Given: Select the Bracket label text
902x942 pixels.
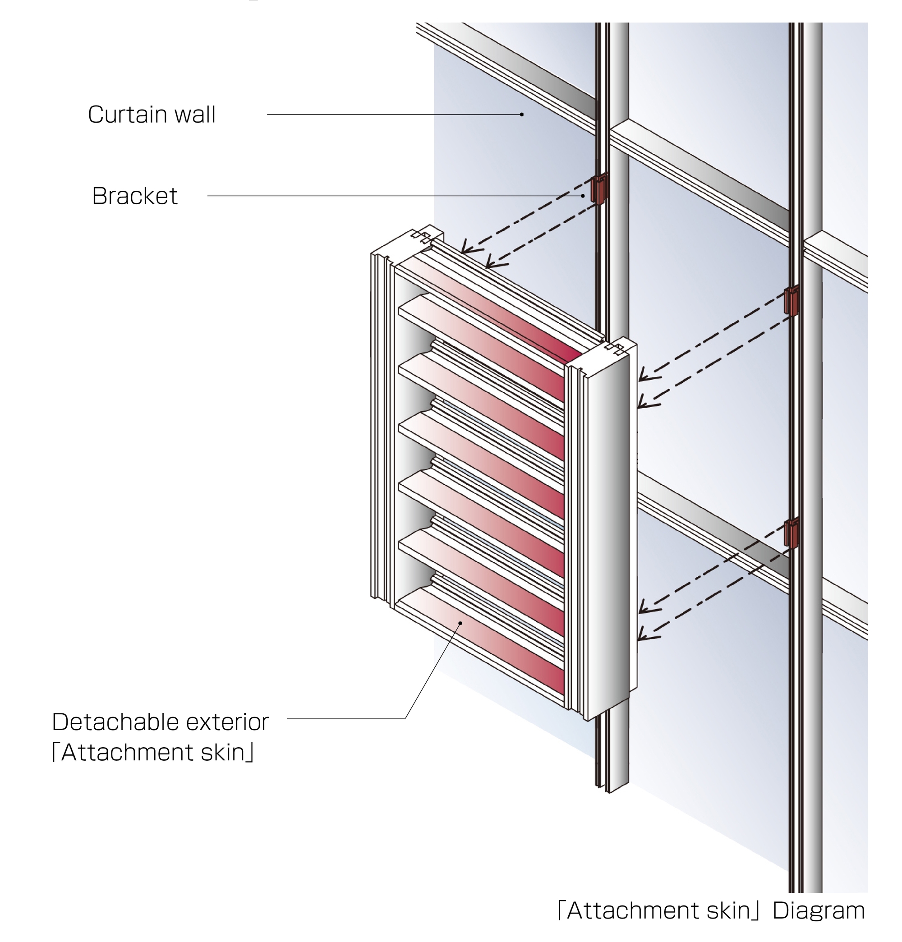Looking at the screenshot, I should (x=135, y=196).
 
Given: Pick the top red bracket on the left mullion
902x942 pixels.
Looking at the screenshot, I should (x=599, y=189).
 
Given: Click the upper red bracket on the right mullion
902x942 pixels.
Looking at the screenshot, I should (x=792, y=301).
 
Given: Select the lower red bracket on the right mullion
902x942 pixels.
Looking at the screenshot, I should (x=792, y=533).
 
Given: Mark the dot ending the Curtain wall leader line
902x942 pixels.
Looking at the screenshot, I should (x=522, y=115).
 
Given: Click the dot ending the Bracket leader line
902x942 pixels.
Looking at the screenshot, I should (x=583, y=196).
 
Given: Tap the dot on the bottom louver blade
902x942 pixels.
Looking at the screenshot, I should (x=460, y=623).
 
